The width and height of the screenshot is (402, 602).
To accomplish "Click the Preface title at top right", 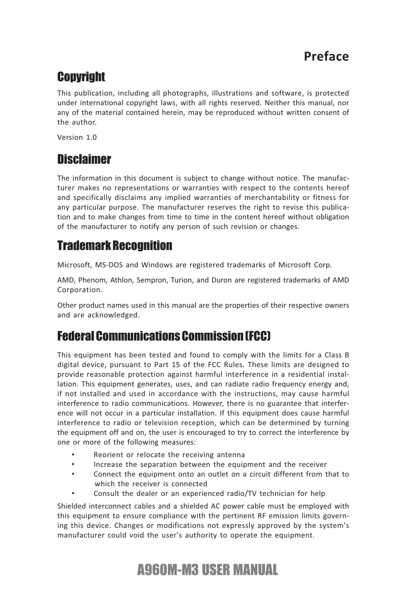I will coord(326,56).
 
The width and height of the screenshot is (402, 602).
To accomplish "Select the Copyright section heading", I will coord(81,77).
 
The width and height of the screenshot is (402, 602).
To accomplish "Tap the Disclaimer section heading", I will coord(84,159).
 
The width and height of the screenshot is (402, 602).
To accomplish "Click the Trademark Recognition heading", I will coord(115,245).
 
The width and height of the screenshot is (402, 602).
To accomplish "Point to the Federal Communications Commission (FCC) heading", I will coord(164,336).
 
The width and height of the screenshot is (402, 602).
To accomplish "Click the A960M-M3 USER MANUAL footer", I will coord(207,570).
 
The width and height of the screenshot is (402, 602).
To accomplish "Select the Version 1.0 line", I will coord(77,137).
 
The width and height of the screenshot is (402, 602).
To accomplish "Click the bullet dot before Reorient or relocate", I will coord(73,455).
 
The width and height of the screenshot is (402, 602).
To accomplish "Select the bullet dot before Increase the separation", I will coord(73,464).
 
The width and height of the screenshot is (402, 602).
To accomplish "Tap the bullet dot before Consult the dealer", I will coord(73,493).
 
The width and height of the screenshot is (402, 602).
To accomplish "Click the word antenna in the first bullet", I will coord(230,455).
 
